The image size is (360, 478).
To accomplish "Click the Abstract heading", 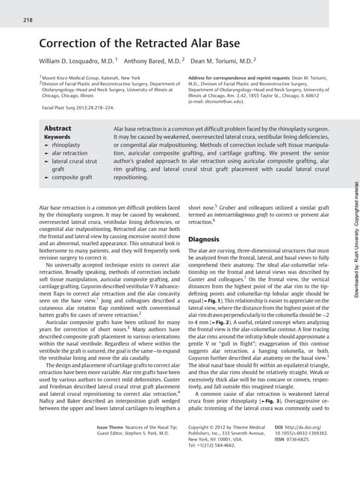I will [x=58, y=128].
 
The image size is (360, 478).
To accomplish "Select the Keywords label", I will [x=58, y=137].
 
